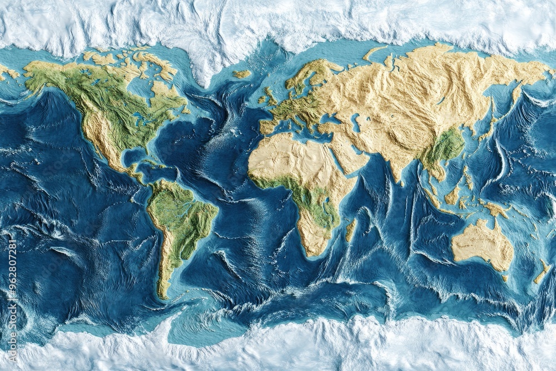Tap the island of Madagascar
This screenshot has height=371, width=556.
click(x=350, y=230)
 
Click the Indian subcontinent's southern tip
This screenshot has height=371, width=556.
click(x=400, y=181)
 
